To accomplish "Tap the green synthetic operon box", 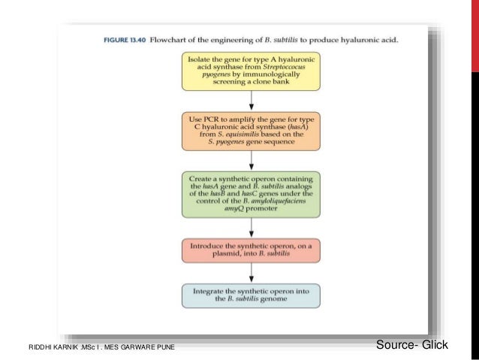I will tap(250, 195).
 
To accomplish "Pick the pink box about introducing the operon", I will tap(250, 250).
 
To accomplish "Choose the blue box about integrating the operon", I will tap(250, 295).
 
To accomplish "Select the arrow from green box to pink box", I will tap(251, 227).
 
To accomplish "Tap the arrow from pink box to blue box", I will tap(251, 272).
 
